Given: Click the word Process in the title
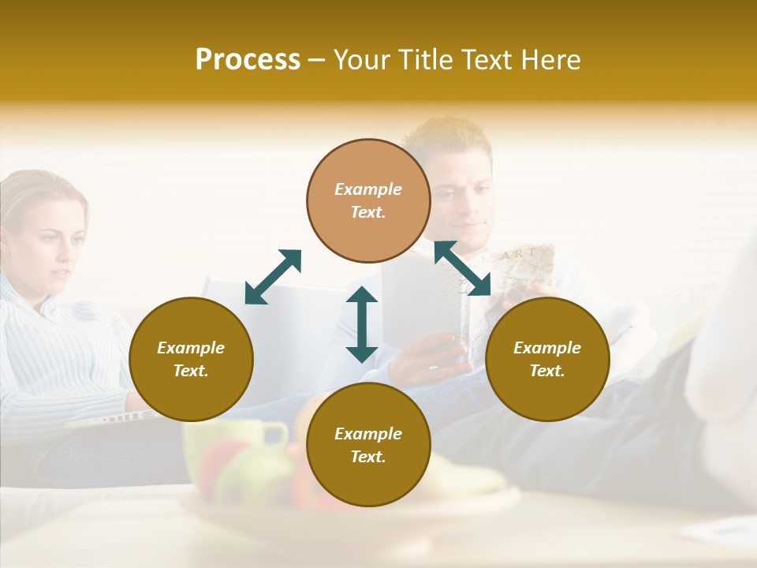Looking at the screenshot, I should pyautogui.click(x=248, y=60).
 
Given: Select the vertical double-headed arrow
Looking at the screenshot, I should pyautogui.click(x=362, y=324).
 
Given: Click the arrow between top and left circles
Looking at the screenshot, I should pyautogui.click(x=273, y=277).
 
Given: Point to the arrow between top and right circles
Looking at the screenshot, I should pyautogui.click(x=463, y=268).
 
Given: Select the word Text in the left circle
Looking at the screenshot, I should pyautogui.click(x=191, y=371).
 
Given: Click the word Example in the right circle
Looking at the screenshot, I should pyautogui.click(x=547, y=348).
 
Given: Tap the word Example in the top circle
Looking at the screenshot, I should pyautogui.click(x=368, y=189).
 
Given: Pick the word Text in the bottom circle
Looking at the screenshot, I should pyautogui.click(x=368, y=457).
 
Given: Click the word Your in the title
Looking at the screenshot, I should pyautogui.click(x=361, y=60).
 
